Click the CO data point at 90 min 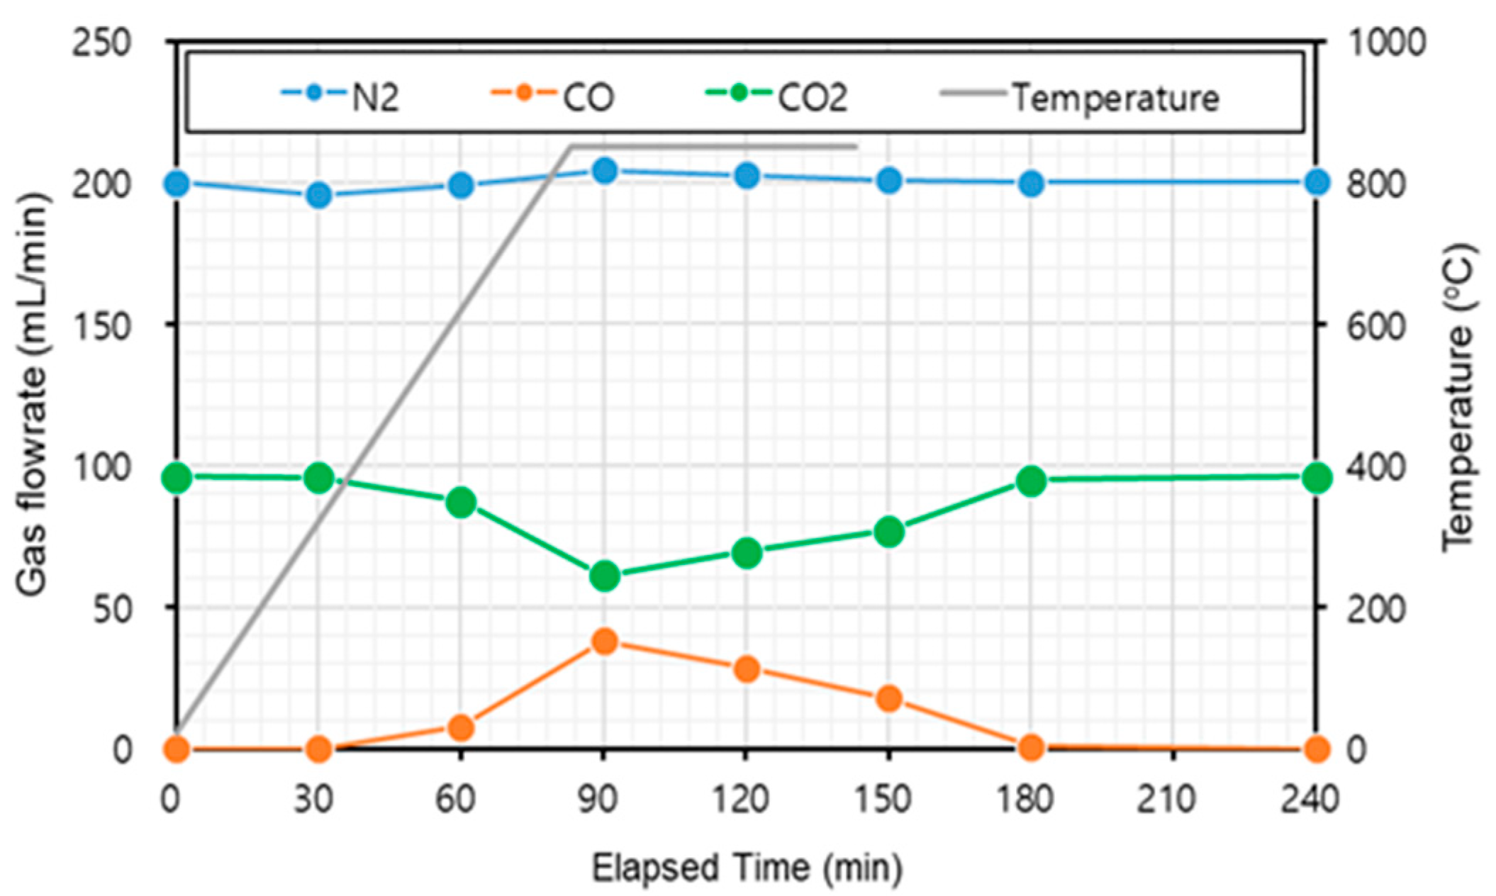pos(604,642)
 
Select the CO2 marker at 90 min pos(604,576)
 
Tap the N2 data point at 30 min pos(318,195)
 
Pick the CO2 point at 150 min pos(889,532)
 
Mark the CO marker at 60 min pos(461,727)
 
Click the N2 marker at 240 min pos(1317,183)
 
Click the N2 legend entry pos(340,96)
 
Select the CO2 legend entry pos(777,96)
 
